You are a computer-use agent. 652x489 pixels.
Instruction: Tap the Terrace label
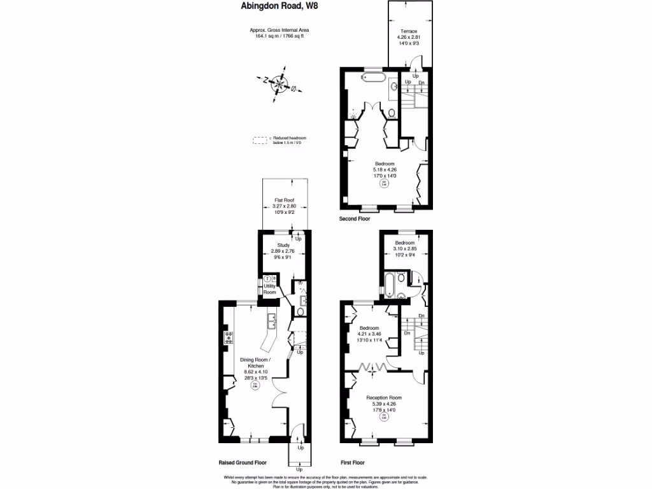click(x=408, y=31)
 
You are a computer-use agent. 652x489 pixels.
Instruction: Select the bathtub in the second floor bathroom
click(x=373, y=78)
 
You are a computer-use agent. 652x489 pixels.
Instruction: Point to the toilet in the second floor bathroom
click(x=392, y=113)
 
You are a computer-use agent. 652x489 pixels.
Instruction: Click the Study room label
click(x=283, y=245)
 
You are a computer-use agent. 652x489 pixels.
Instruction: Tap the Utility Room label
click(x=270, y=289)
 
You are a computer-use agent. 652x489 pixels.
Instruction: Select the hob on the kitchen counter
click(x=227, y=337)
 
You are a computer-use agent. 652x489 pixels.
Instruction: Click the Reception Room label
click(x=384, y=398)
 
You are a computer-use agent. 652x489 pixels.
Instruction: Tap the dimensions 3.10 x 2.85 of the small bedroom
click(x=404, y=250)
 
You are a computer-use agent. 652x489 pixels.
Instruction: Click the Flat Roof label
click(x=284, y=200)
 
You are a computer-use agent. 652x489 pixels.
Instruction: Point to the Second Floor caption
click(x=355, y=218)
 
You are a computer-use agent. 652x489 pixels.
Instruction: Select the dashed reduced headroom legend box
click(x=260, y=140)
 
